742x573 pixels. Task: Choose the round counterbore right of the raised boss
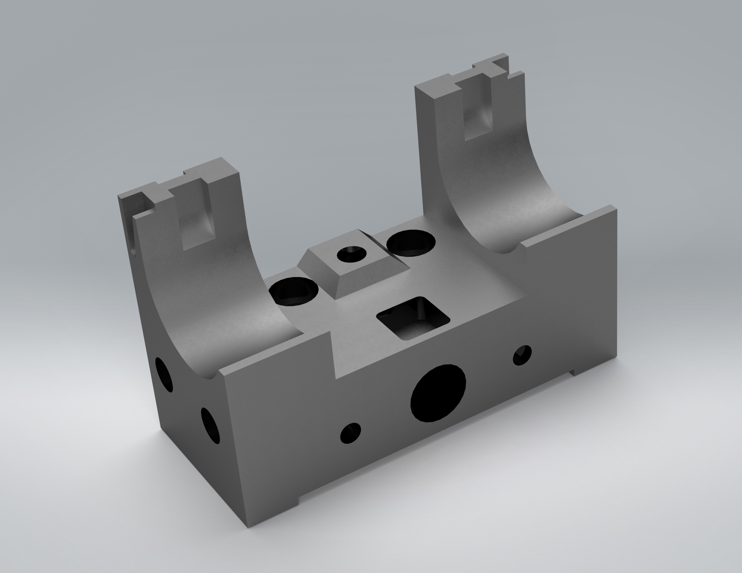click(411, 242)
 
